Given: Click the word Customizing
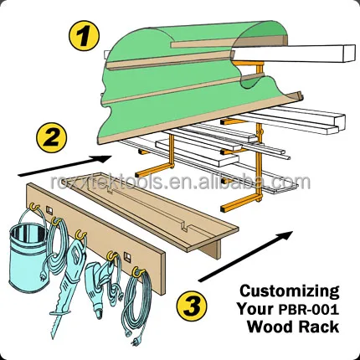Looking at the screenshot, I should [x=290, y=291].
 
